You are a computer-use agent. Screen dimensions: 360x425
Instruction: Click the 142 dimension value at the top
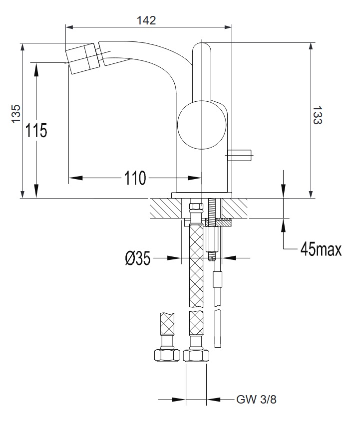pos(146,20)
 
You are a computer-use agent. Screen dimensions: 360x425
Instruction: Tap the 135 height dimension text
pos(16,114)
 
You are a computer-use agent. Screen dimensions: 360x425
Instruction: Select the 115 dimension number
pos(36,130)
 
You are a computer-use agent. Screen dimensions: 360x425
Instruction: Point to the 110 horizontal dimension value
pos(135,178)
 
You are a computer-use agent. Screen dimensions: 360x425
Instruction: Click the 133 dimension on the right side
pos(318,115)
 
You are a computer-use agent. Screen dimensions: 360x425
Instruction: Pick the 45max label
pos(321,249)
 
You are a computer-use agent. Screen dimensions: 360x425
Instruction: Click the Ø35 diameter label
pos(137,258)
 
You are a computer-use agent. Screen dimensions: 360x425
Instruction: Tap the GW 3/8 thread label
pos(256,399)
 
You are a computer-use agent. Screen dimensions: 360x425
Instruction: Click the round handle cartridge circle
pos(202,125)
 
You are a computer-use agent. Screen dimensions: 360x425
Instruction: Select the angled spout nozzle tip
pos(81,59)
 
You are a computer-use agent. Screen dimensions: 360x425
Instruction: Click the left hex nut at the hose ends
pos(167,355)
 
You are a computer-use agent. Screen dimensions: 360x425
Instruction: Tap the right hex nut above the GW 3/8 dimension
pos(196,355)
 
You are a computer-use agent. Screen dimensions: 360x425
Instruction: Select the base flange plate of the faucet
pos(202,195)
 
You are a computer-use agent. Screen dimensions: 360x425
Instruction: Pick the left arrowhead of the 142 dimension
pos(70,27)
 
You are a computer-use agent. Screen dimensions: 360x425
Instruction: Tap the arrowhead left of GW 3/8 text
pos(179,399)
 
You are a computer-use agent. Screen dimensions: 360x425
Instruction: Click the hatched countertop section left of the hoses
pos(165,208)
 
